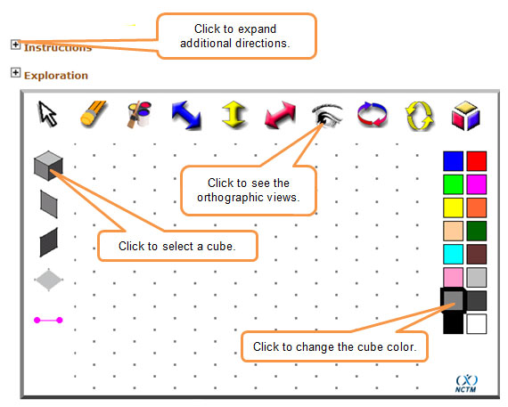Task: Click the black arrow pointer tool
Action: tap(47, 114)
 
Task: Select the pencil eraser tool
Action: tap(93, 114)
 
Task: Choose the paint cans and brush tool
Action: tap(139, 114)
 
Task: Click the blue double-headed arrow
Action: tap(186, 115)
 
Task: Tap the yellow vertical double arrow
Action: tap(234, 114)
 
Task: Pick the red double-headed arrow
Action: tap(280, 115)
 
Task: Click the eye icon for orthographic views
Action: tap(326, 114)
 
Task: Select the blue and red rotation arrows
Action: tap(373, 114)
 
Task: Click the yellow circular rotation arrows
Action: tap(420, 116)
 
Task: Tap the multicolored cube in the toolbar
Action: tap(465, 116)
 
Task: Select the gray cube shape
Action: tap(48, 166)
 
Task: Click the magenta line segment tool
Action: tap(48, 321)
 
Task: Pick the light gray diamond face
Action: tap(49, 280)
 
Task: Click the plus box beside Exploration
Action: tap(15, 72)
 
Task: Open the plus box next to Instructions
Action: tap(15, 45)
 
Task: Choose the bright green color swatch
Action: tap(453, 184)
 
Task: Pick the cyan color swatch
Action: tap(453, 254)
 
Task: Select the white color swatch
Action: tap(477, 324)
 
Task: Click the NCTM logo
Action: tap(466, 384)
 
